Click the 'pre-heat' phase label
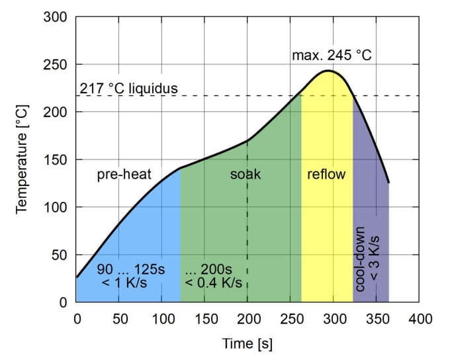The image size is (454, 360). click(124, 175)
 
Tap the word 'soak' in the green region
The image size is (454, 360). click(246, 175)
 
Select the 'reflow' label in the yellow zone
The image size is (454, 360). click(327, 175)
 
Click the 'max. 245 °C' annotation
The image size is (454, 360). click(332, 54)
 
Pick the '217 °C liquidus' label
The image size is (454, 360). click(128, 88)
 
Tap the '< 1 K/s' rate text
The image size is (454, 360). click(124, 284)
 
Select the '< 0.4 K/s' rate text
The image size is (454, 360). click(213, 284)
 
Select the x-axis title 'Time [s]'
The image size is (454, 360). click(247, 344)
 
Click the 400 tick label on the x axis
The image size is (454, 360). click(418, 318)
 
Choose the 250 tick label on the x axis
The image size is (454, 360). click(290, 318)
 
